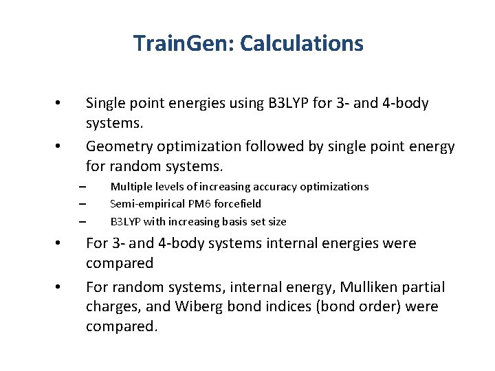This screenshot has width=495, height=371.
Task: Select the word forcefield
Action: tap(236, 204)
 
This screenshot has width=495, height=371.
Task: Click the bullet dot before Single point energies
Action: tap(59, 104)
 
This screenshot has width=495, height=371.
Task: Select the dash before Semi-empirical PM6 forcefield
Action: tap(81, 204)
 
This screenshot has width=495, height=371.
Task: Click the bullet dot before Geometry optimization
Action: tap(59, 147)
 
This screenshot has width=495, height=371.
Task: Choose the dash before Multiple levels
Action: tap(81, 187)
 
